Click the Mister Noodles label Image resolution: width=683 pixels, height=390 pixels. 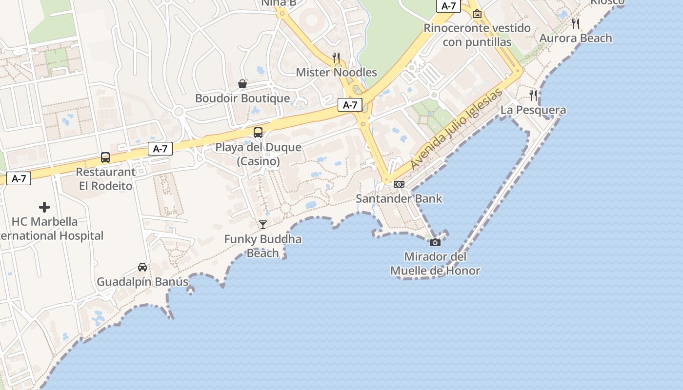coord(337,73)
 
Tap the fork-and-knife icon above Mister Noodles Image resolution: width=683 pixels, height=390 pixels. coord(336,58)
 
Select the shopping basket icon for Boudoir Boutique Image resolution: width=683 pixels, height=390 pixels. coord(242,84)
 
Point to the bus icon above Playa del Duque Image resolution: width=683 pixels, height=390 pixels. coord(258,133)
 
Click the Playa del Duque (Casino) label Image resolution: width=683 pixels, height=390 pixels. coord(258,154)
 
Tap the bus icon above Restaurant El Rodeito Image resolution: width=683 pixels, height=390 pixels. coord(105,157)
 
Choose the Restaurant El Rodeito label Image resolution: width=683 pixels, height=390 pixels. coord(106,179)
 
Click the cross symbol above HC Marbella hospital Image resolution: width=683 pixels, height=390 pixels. coord(44,207)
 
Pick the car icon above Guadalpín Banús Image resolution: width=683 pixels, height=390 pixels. coord(142,267)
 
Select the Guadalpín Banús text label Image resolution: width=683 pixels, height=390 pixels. coord(142,282)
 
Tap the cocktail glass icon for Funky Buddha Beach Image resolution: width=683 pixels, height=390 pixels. coord(263,225)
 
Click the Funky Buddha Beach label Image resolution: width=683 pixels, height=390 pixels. coord(263,246)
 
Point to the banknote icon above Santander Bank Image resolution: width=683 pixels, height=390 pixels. coord(399,184)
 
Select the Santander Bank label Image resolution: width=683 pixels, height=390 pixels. coord(399,198)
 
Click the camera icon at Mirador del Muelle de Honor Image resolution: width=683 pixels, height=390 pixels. coord(435,242)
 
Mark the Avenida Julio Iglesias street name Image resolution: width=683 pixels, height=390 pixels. coord(456,129)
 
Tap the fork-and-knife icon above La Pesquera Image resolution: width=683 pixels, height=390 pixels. coord(533,96)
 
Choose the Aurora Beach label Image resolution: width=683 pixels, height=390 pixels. coord(576,38)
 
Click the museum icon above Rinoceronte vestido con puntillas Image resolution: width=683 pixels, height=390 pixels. coord(477,14)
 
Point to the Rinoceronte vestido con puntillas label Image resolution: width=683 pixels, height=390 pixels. coord(477,35)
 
